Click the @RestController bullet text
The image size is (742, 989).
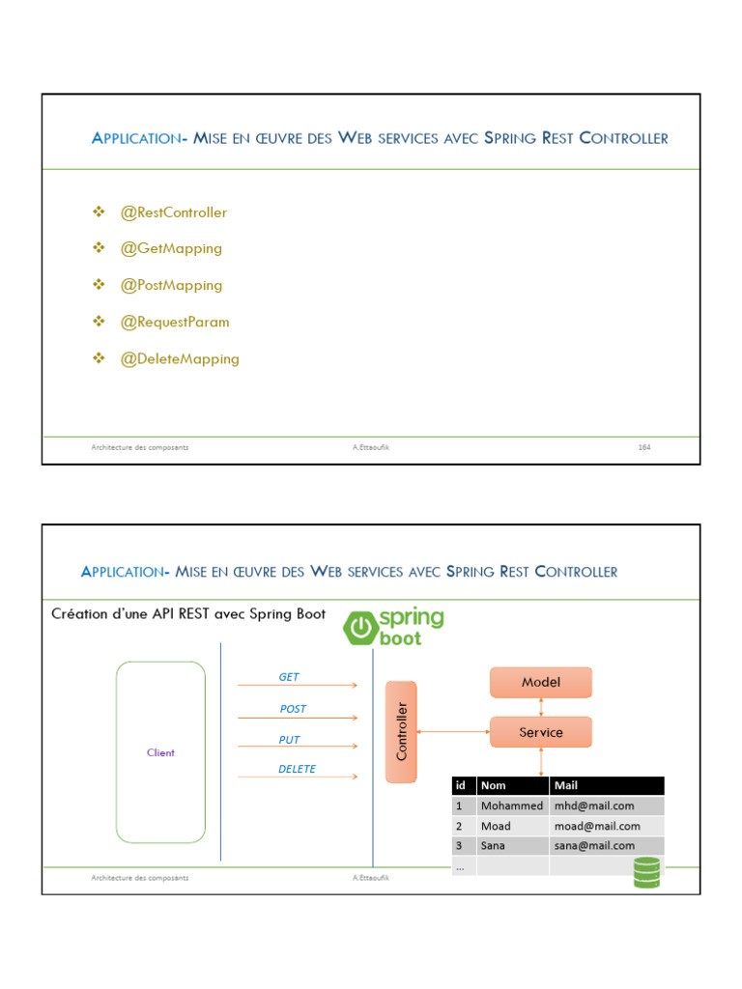tap(173, 212)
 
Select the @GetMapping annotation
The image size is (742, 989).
tap(171, 249)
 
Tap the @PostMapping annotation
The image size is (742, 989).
tap(171, 286)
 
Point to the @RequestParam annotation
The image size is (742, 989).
tap(175, 323)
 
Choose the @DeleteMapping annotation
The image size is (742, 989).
tap(180, 359)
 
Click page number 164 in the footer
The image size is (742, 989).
tap(643, 447)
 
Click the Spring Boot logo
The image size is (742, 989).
tap(394, 627)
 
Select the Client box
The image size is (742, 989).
tap(160, 752)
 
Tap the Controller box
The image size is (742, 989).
tap(402, 731)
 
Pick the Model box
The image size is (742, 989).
tap(540, 682)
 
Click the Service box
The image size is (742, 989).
tap(540, 732)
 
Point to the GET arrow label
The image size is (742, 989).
tap(289, 677)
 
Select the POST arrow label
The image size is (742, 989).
tap(293, 709)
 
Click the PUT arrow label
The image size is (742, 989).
tap(290, 740)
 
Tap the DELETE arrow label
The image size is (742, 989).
tap(298, 770)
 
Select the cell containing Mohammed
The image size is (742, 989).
tap(511, 805)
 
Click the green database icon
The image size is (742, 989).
tap(646, 871)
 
